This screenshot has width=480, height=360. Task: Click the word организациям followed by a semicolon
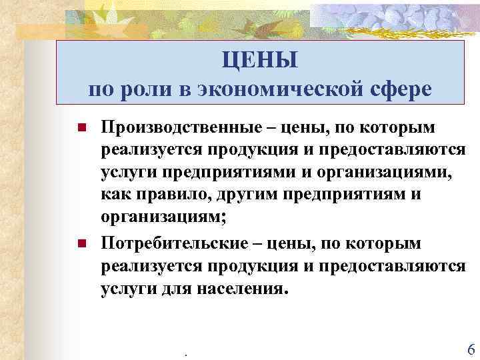click(157, 219)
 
